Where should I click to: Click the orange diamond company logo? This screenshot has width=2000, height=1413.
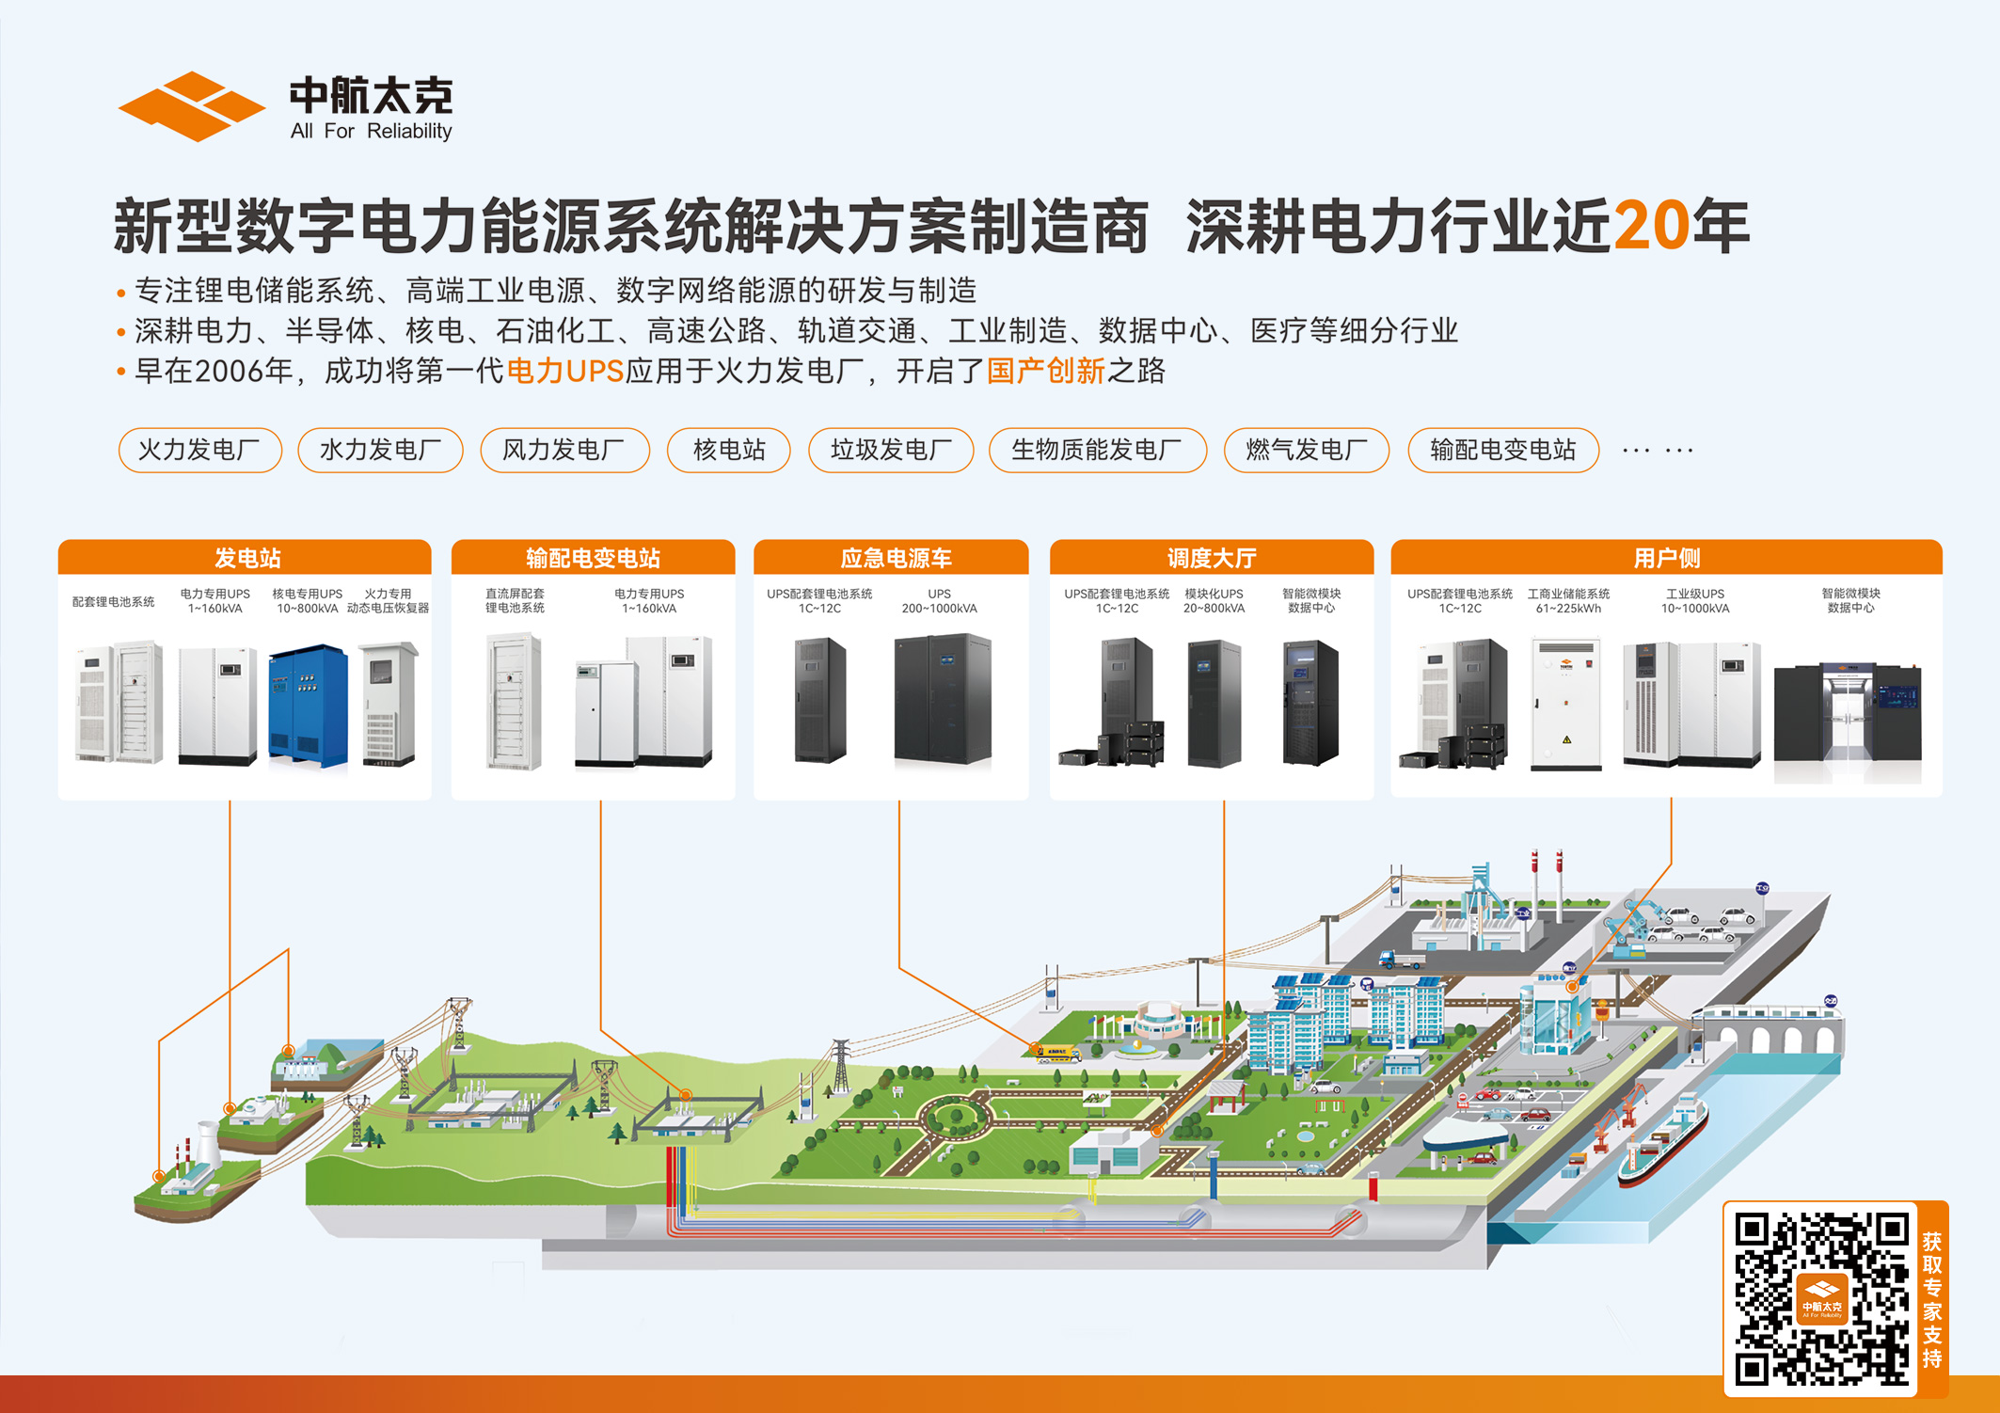[191, 106]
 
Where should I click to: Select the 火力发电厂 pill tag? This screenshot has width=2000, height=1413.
[199, 450]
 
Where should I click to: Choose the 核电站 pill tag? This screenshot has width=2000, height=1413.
[728, 450]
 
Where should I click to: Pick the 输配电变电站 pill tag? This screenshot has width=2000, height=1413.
[1502, 450]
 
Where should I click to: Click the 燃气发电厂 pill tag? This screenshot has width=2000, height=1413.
[1306, 450]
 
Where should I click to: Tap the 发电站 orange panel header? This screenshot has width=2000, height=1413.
[246, 558]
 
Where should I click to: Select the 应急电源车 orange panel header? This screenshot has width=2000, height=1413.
[895, 558]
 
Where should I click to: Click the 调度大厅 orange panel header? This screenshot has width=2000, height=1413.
[1211, 558]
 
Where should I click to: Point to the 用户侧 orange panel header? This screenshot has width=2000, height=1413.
[1666, 558]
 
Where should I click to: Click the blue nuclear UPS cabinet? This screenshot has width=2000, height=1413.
[308, 705]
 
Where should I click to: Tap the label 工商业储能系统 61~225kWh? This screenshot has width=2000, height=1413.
[1568, 601]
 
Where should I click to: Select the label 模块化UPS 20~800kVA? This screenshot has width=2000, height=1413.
[1214, 601]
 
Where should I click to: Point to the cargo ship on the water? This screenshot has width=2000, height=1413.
[1663, 1140]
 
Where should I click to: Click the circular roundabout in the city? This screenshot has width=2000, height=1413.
[956, 1119]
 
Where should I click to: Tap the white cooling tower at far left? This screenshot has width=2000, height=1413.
[208, 1142]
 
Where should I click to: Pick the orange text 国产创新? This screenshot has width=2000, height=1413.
[1045, 372]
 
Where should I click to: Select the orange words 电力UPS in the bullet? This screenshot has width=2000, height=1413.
[564, 372]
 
